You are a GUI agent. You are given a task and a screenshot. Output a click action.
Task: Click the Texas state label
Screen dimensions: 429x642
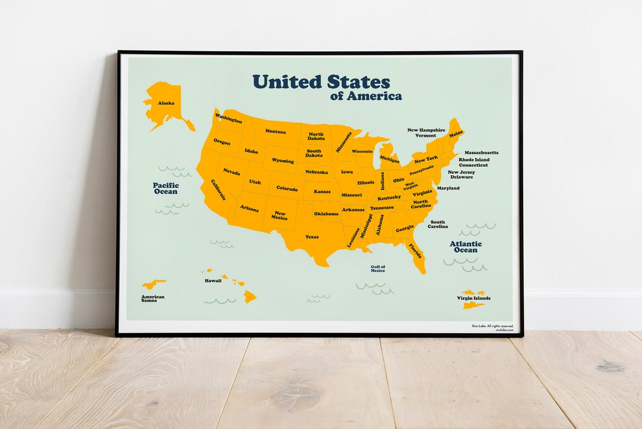[x=312, y=237]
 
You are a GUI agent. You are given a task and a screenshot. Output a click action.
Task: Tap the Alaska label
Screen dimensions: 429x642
[x=166, y=103]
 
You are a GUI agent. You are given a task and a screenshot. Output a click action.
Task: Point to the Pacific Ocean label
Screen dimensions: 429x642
[x=166, y=188]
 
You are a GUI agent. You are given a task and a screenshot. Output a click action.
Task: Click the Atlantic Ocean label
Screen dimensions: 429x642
[x=466, y=247]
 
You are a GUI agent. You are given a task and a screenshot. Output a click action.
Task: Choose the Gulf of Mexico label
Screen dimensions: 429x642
[x=378, y=269]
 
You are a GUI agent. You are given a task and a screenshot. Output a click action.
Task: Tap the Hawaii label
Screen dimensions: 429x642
[x=213, y=280]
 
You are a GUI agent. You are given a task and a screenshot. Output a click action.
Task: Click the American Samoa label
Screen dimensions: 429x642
[x=153, y=298]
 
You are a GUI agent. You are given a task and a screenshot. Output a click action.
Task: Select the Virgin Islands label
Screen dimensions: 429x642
[x=474, y=298]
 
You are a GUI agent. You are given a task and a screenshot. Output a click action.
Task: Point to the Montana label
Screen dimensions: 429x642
[x=275, y=131]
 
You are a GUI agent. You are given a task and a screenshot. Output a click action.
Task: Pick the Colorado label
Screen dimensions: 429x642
[x=287, y=189]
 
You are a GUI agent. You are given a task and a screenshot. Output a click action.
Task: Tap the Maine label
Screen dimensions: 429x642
[x=456, y=134]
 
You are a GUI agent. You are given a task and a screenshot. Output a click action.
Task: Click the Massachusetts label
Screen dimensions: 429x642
[x=481, y=153]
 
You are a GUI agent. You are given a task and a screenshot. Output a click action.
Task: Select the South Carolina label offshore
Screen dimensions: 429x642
[x=438, y=224]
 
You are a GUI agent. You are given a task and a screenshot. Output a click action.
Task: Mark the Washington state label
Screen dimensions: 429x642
[x=229, y=118]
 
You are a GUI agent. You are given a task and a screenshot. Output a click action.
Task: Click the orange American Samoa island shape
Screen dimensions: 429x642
[x=153, y=284]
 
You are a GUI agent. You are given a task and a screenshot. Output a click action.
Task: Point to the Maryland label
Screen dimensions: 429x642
[x=448, y=188]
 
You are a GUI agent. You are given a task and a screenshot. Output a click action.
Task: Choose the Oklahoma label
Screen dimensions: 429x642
[x=326, y=214]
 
